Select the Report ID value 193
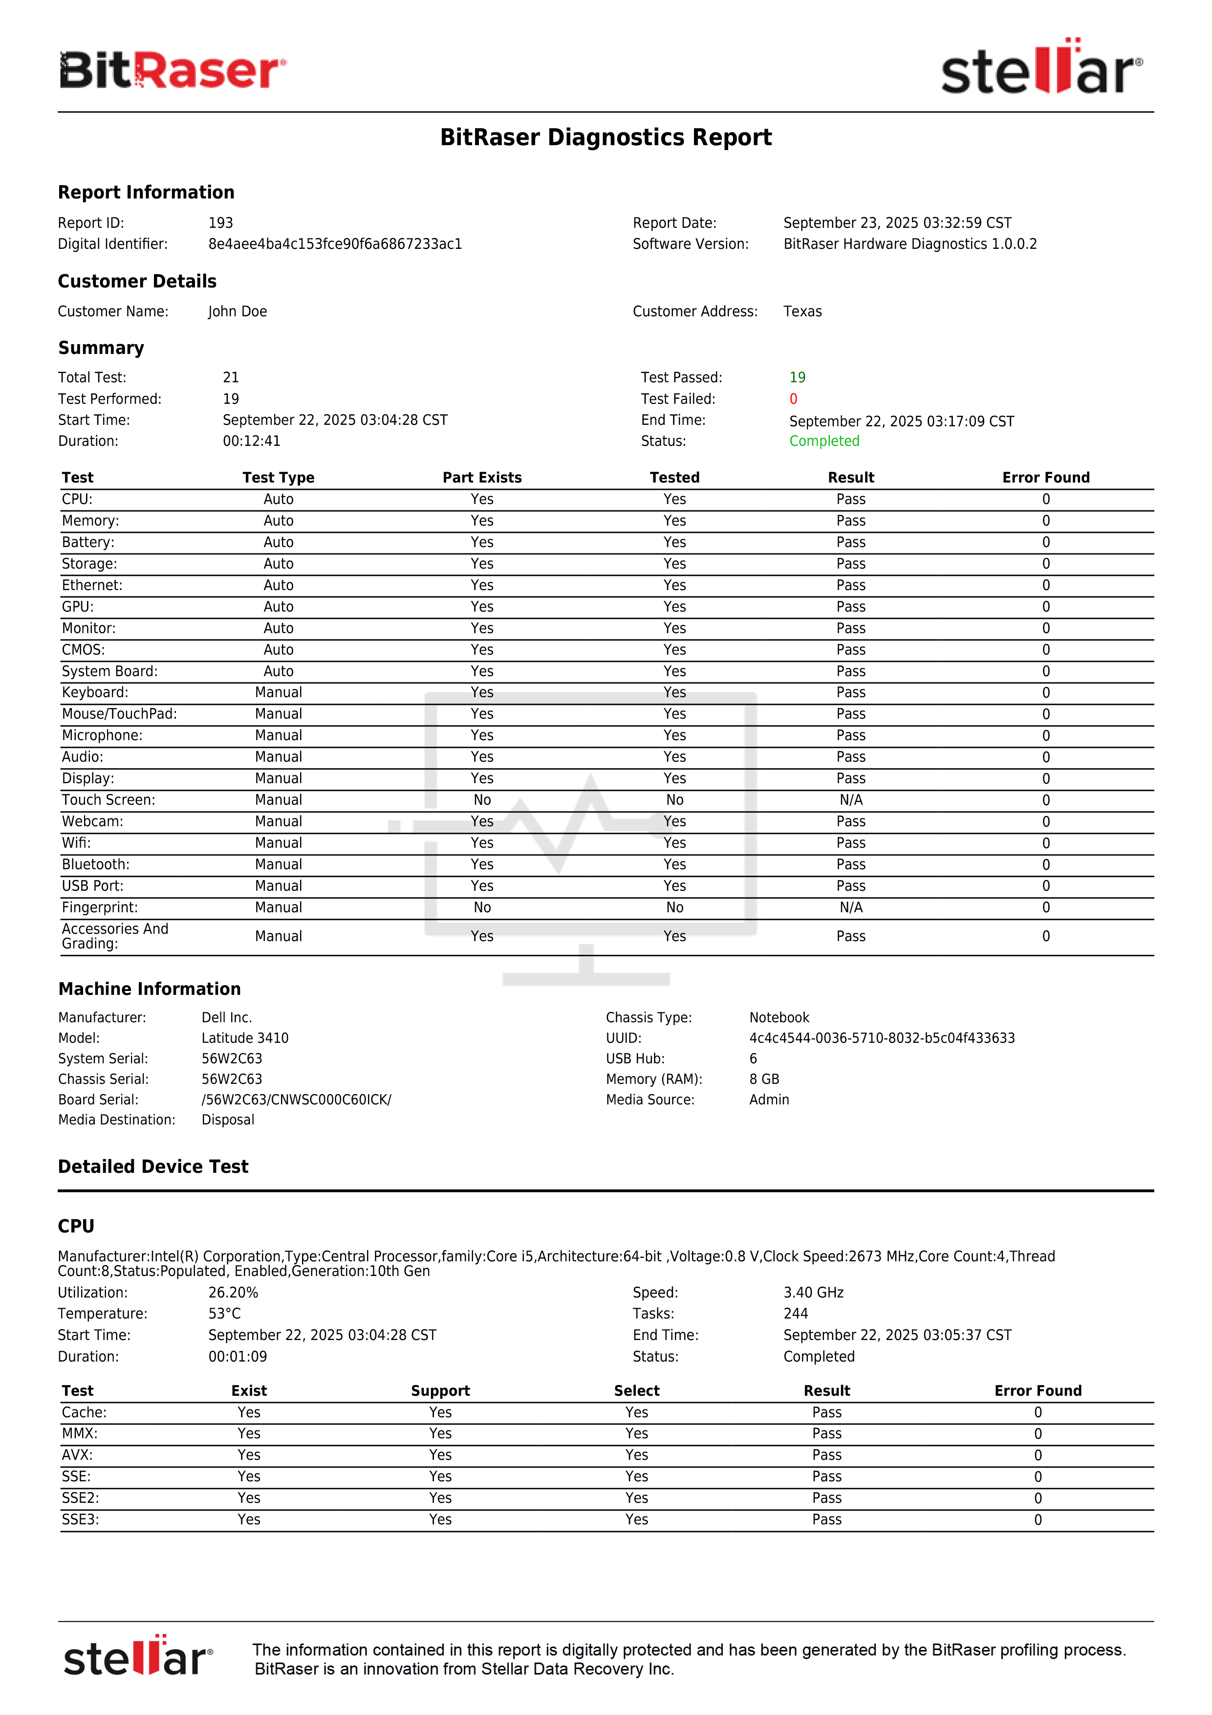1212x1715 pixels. click(x=220, y=222)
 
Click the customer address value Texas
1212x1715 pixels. click(x=802, y=311)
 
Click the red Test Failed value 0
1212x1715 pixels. click(x=793, y=399)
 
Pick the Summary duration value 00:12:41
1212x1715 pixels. click(x=251, y=441)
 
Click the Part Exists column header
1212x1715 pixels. click(x=482, y=477)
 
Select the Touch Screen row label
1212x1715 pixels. click(x=108, y=800)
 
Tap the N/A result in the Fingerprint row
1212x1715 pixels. click(x=850, y=907)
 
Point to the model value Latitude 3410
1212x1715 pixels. click(x=244, y=1038)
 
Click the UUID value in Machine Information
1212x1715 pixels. click(x=881, y=1038)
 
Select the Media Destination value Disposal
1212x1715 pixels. click(x=228, y=1120)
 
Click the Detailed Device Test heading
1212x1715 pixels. click(x=153, y=1167)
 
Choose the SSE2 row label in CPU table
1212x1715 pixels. click(x=80, y=1498)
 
